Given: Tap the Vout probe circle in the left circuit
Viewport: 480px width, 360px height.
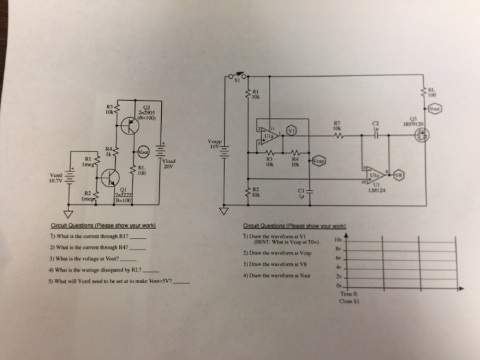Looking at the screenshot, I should (x=143, y=152).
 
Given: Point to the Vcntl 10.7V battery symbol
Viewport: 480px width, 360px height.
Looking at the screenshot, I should (x=68, y=182).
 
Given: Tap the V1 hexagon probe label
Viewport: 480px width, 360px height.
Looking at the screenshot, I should (x=291, y=129).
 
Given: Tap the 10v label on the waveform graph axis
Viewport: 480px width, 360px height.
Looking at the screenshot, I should (x=336, y=241).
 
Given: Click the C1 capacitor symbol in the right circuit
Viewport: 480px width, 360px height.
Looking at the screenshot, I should (x=310, y=191).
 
